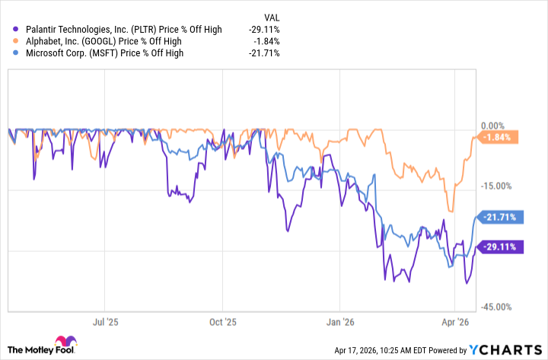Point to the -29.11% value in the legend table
(x=265, y=30)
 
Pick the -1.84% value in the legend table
(x=267, y=41)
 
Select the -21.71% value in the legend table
(x=265, y=53)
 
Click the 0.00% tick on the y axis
(x=495, y=126)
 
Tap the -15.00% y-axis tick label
(x=498, y=186)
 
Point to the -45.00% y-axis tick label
(x=498, y=307)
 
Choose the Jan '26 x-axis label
(x=341, y=321)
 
